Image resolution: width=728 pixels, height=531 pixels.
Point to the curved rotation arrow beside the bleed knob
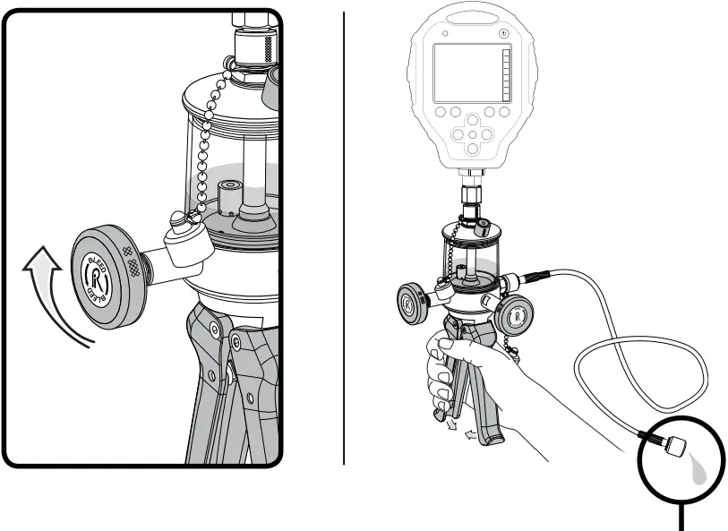coord(45,295)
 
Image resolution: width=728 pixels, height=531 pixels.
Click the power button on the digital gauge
coord(504,33)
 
